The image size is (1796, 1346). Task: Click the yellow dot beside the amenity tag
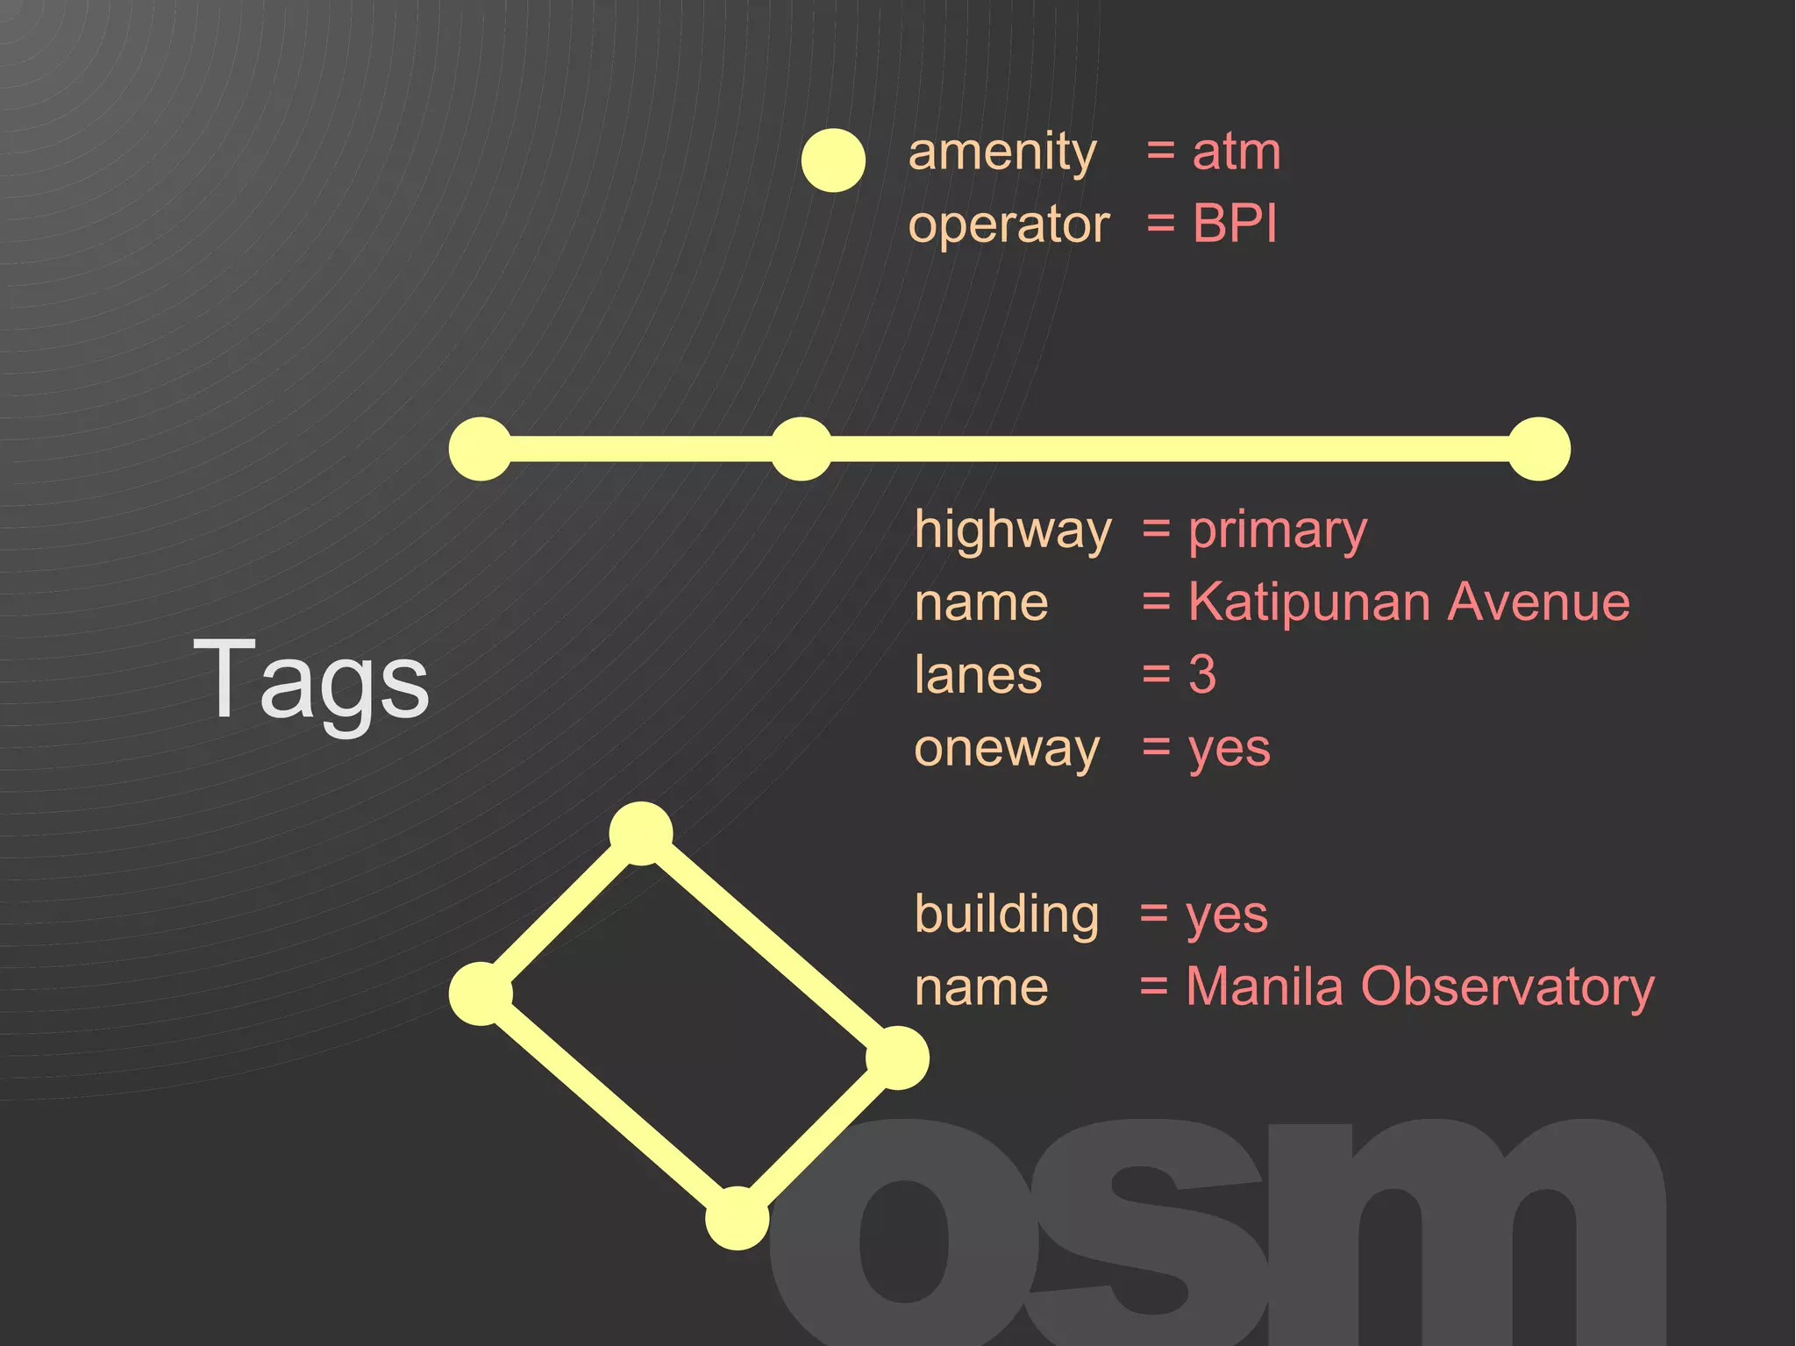coord(833,160)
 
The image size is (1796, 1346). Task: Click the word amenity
coord(1002,153)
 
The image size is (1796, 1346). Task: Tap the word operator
coord(1008,225)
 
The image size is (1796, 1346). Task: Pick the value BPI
coord(1234,224)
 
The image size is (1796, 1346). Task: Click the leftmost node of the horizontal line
coord(480,449)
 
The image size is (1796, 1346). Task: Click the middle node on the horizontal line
coord(801,449)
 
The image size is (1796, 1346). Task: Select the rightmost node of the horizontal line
coord(1539,449)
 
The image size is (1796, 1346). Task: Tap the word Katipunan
coord(1310,603)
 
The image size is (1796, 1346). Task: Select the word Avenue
coord(1539,602)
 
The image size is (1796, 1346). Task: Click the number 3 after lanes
coord(1202,674)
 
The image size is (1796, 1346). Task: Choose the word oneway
coord(1006,750)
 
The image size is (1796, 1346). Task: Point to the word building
coord(1006,915)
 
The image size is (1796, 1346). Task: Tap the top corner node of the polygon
coord(641,833)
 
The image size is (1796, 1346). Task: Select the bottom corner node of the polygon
coord(738,1218)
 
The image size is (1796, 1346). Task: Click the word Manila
coord(1265,986)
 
